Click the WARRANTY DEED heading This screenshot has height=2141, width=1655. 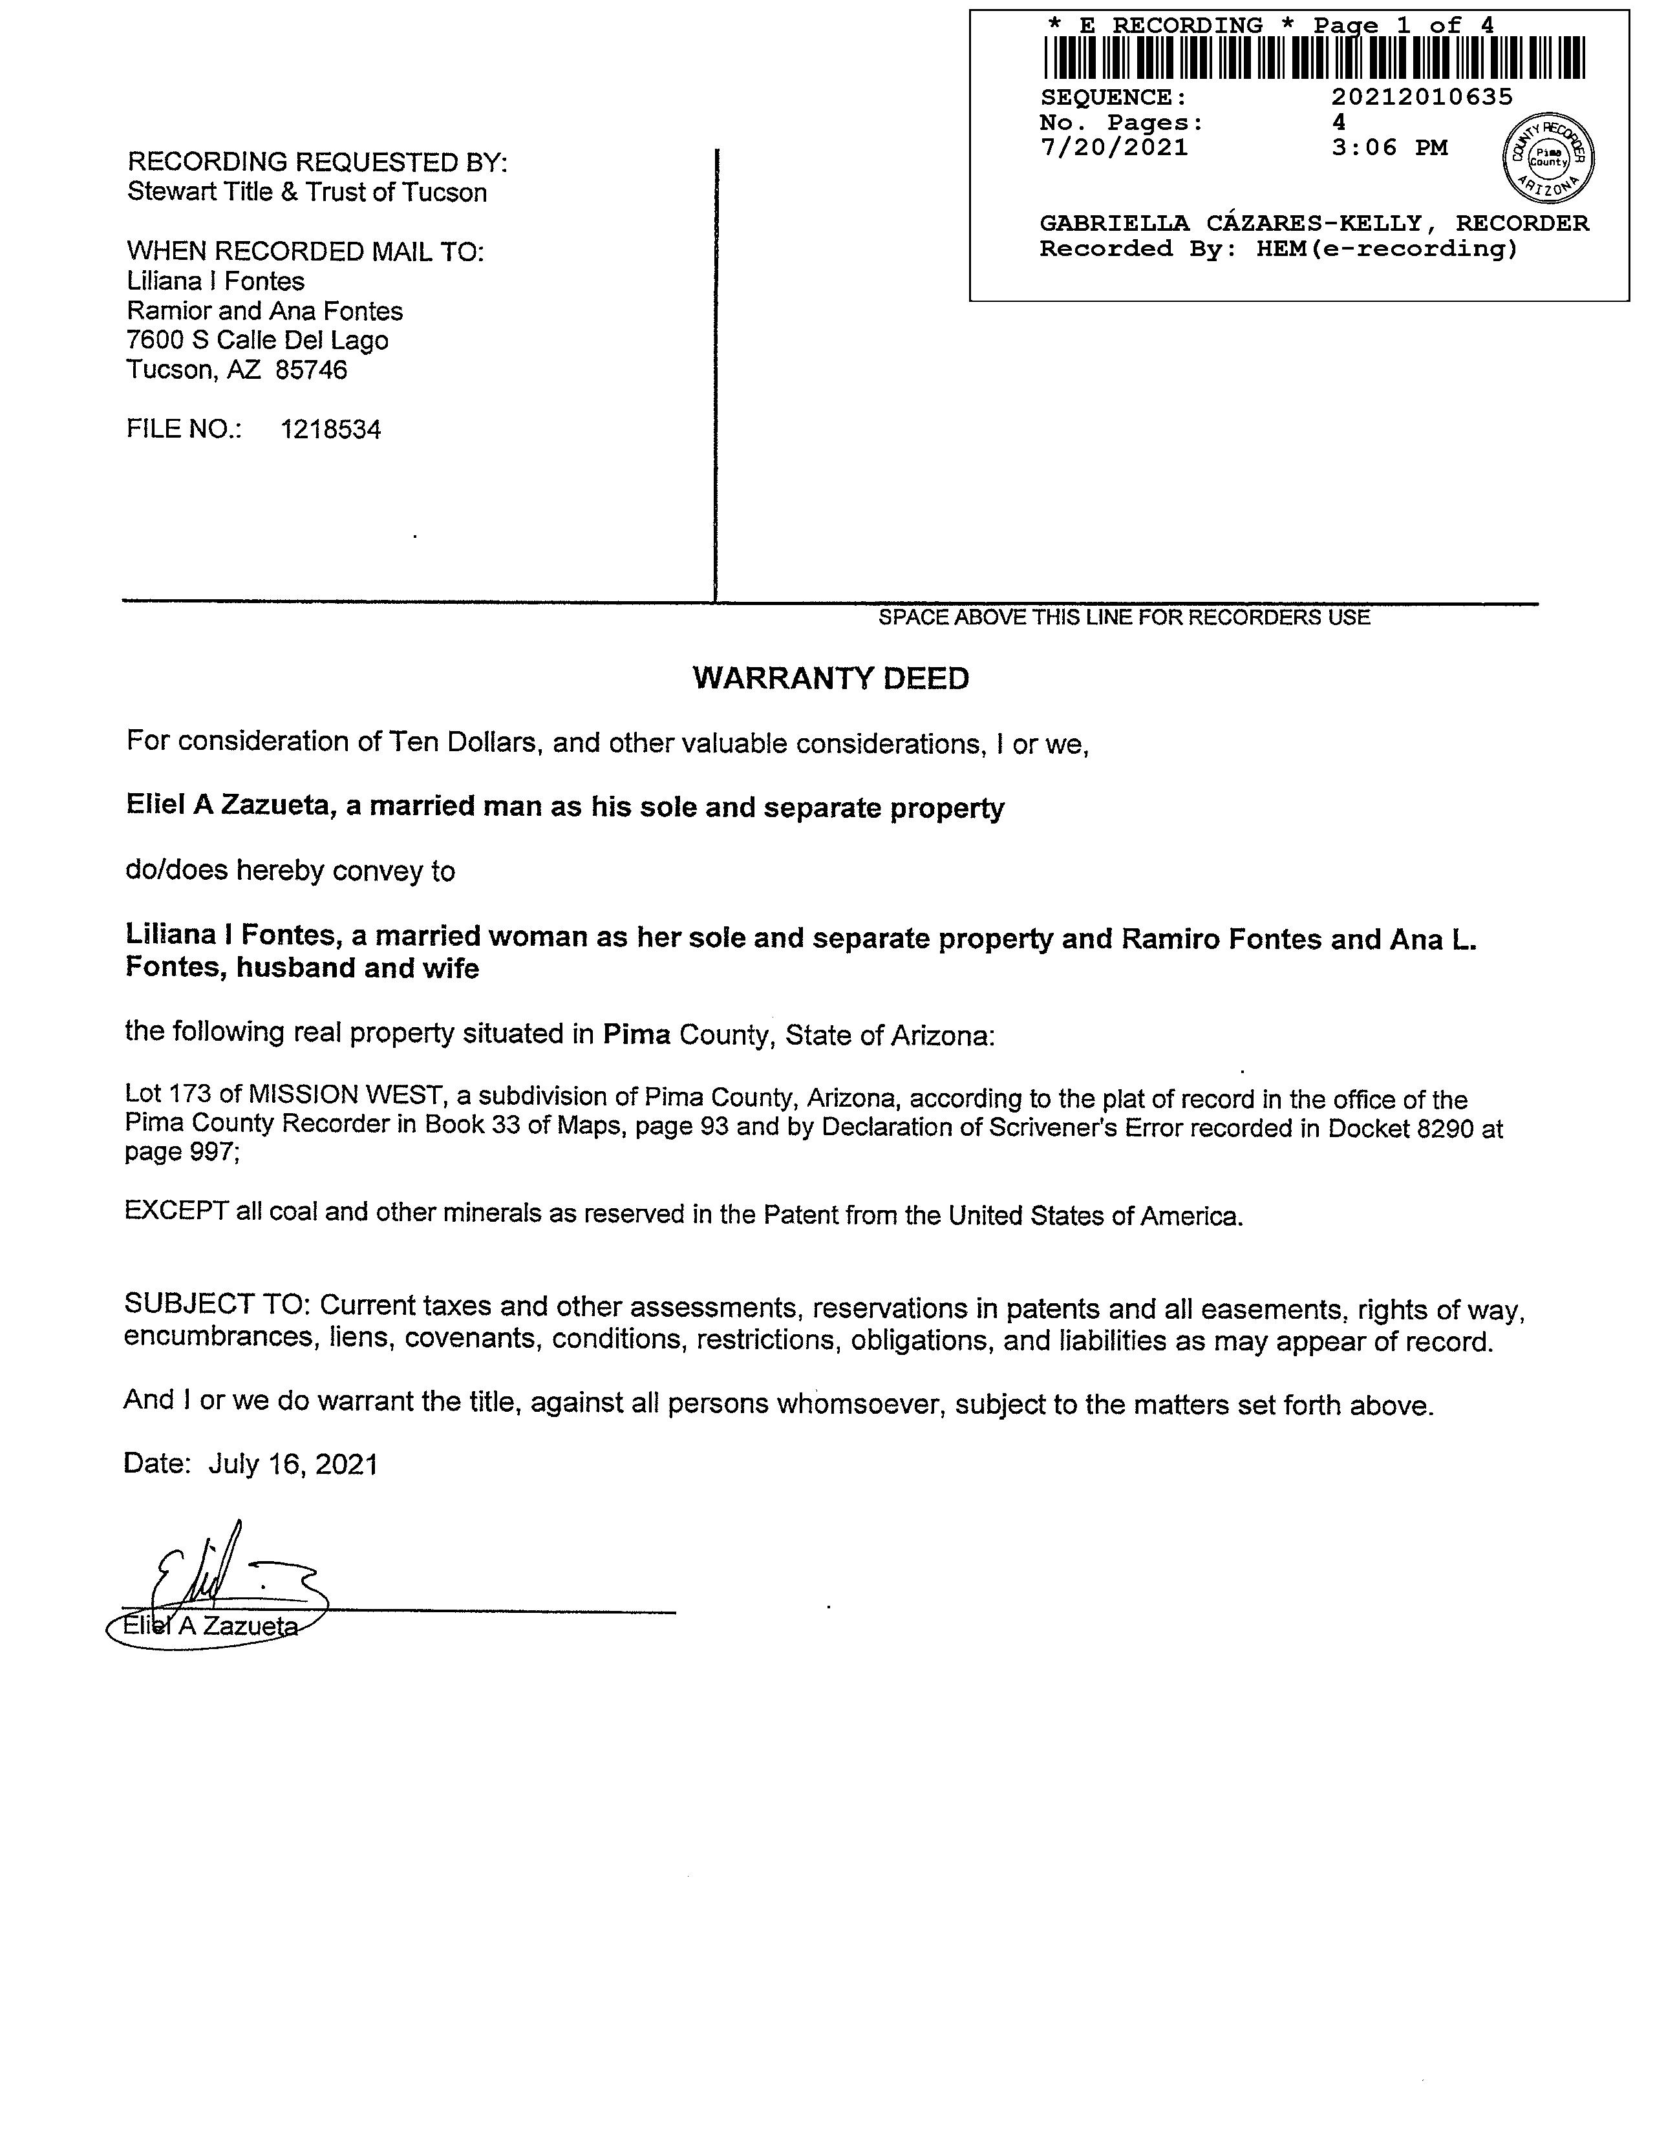[x=831, y=678]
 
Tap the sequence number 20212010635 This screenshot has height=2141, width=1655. [x=1422, y=97]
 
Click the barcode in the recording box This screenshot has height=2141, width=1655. [x=1314, y=58]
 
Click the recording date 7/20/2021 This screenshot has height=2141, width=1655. [x=1114, y=148]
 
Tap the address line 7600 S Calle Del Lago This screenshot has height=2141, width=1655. [x=257, y=341]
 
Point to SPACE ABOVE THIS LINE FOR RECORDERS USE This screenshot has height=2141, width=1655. [x=1124, y=617]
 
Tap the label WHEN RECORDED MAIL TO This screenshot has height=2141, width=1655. [x=305, y=252]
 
